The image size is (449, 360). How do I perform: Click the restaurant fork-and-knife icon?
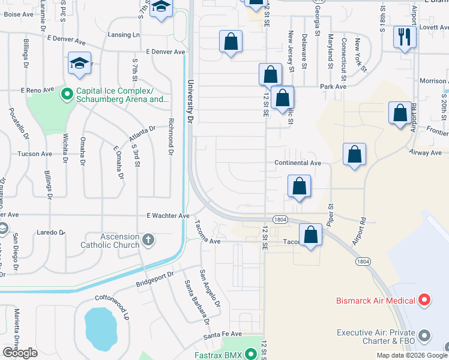tap(405, 37)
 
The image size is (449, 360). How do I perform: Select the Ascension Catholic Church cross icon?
tap(148, 241)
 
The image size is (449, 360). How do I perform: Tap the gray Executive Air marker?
tap(426, 334)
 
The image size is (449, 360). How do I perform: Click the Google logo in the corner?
tap(20, 353)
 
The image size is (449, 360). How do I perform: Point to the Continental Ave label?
tap(298, 163)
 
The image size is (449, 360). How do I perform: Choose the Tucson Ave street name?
tap(35, 154)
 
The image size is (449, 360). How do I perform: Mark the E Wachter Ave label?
tap(167, 215)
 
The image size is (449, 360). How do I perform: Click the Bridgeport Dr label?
tap(155, 277)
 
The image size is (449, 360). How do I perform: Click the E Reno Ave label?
tap(37, 90)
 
